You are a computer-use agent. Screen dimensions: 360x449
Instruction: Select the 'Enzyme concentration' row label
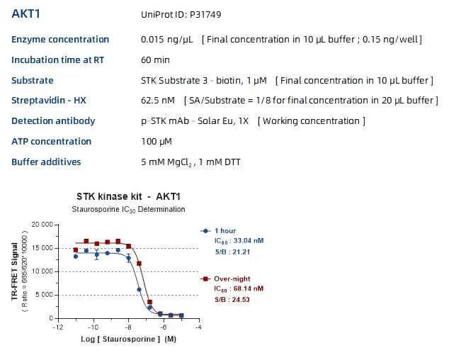pos(60,40)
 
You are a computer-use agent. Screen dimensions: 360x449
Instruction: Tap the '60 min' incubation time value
pos(155,60)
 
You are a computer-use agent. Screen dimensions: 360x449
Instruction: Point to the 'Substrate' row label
pos(32,81)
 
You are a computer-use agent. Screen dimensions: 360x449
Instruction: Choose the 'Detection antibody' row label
pos(53,121)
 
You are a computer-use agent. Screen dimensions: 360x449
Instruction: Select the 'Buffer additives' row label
pos(46,162)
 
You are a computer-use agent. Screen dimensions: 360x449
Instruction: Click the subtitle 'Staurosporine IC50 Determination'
pos(129,210)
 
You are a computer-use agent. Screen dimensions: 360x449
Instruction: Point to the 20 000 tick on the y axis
pos(43,225)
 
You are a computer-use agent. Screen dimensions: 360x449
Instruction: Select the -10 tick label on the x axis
pos(92,327)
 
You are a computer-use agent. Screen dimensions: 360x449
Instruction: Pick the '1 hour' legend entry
pos(226,230)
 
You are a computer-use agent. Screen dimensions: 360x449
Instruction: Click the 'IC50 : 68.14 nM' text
pos(239,289)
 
